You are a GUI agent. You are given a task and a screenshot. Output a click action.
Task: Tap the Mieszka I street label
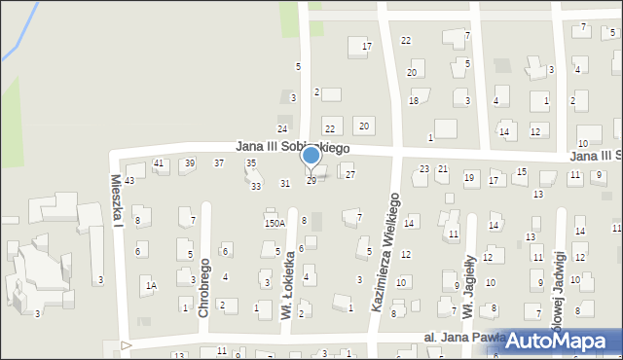pyautogui.click(x=116, y=200)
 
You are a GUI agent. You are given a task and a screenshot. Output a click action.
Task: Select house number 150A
pyautogui.click(x=275, y=223)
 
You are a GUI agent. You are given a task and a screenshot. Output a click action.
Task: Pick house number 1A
pyautogui.click(x=151, y=285)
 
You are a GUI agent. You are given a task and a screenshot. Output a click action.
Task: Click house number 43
pyautogui.click(x=129, y=181)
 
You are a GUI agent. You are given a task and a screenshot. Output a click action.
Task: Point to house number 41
pyautogui.click(x=159, y=163)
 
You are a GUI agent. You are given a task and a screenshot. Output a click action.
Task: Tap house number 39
pyautogui.click(x=189, y=163)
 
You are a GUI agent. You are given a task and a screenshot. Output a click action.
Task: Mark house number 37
pyautogui.click(x=219, y=162)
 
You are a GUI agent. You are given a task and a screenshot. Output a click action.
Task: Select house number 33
pyautogui.click(x=256, y=186)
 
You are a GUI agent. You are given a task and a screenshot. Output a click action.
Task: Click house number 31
pyautogui.click(x=285, y=183)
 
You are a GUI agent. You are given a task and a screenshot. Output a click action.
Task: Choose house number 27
pyautogui.click(x=350, y=175)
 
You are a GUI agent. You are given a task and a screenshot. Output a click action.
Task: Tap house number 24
pyautogui.click(x=282, y=129)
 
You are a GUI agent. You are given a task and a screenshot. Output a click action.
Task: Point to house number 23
pyautogui.click(x=423, y=169)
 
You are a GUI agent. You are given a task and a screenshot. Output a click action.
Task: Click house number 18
pyautogui.click(x=414, y=101)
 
